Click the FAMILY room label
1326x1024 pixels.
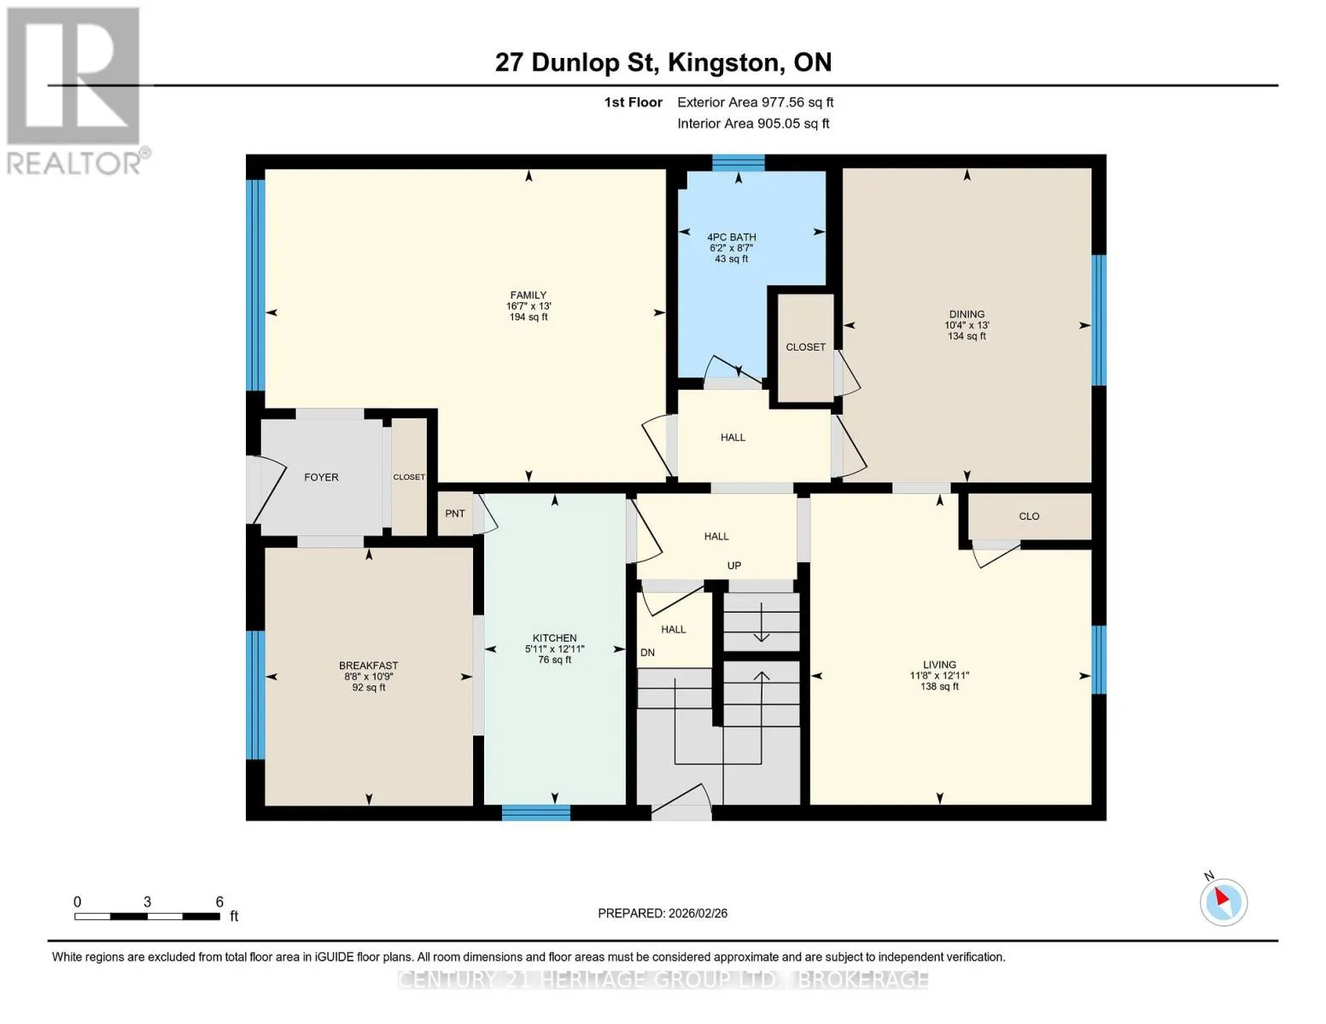[x=529, y=295]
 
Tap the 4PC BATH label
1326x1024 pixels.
[x=731, y=237]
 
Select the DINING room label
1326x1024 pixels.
[x=967, y=315]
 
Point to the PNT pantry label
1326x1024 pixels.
[x=454, y=514]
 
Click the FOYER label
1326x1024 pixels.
[x=321, y=478]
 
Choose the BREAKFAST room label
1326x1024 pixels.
[x=369, y=666]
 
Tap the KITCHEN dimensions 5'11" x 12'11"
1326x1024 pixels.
[x=555, y=649]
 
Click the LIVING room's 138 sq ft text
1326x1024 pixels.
[x=940, y=687]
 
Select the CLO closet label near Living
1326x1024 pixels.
[x=1029, y=516]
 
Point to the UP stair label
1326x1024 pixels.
[x=734, y=566]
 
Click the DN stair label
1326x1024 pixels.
[x=647, y=652]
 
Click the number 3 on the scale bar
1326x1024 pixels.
[x=147, y=902]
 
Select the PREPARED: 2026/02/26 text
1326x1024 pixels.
[x=663, y=913]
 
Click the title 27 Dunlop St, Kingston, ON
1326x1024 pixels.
[x=663, y=62]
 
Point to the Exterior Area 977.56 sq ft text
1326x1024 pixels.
[x=756, y=102]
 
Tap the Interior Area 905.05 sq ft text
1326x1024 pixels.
[x=754, y=123]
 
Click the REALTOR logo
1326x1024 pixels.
[x=76, y=90]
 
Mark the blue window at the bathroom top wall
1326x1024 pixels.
[x=739, y=163]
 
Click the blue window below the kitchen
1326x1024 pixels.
[x=535, y=812]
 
